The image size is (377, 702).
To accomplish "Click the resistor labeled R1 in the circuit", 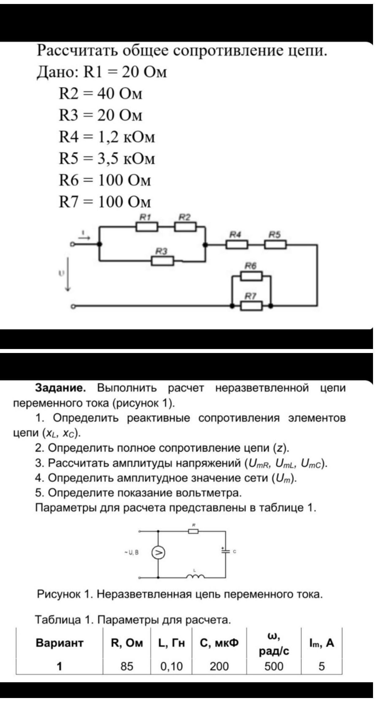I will coord(147,227).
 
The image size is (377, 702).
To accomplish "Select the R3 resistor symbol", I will coord(162,261).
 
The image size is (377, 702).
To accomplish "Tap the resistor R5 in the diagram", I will coord(276,245).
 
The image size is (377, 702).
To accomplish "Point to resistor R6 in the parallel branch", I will coord(251,276).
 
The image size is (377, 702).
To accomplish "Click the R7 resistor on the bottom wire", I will coord(251,306).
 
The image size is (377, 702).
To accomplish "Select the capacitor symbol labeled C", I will coord(226,551).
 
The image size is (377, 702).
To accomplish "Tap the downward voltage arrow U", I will coord(68,274).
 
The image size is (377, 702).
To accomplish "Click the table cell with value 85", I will coord(127,666).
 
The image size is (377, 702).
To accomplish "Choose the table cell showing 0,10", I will coord(171,666).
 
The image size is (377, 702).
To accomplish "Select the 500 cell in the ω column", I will coord(274,666).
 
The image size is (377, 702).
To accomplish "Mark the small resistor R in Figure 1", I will coord(193,531).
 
